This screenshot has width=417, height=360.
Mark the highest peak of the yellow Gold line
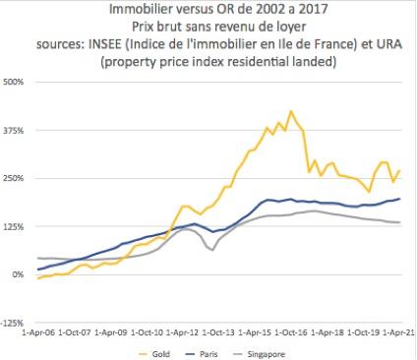tap(290, 111)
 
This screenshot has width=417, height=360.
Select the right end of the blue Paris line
tap(400, 199)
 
